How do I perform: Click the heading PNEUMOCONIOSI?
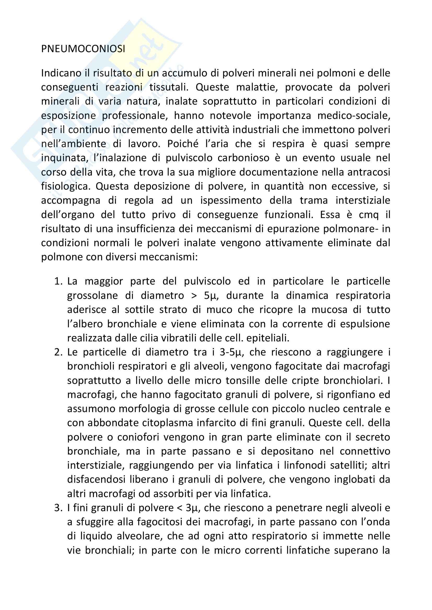pyautogui.click(x=83, y=49)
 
